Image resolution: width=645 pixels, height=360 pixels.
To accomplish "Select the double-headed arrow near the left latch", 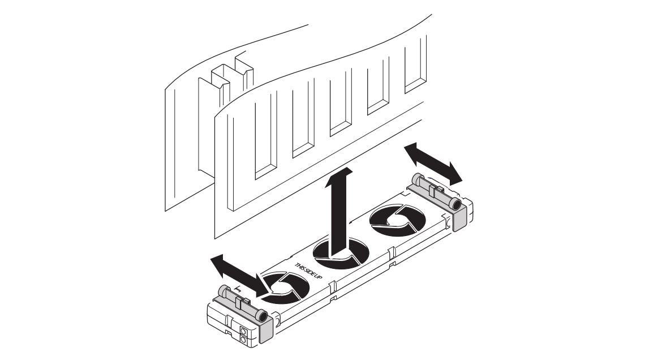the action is [x=238, y=275].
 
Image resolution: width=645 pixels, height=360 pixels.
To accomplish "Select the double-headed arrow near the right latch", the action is [x=433, y=164].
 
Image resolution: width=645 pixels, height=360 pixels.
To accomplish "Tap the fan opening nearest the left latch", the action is [x=285, y=288].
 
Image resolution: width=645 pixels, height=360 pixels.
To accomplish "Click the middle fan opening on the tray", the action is [x=341, y=255].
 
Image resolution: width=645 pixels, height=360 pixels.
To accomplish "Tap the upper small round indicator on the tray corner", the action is [x=243, y=331].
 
